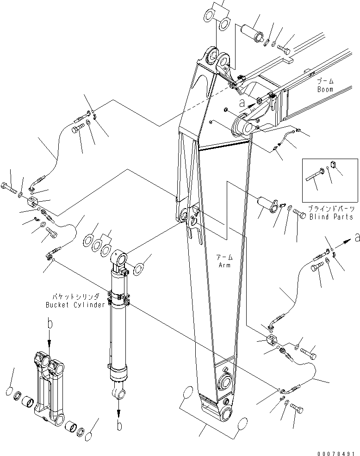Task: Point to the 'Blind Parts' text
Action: click(331, 216)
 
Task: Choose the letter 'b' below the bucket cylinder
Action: click(119, 426)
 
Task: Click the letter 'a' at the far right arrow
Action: click(356, 239)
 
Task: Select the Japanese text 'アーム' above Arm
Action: click(225, 257)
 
